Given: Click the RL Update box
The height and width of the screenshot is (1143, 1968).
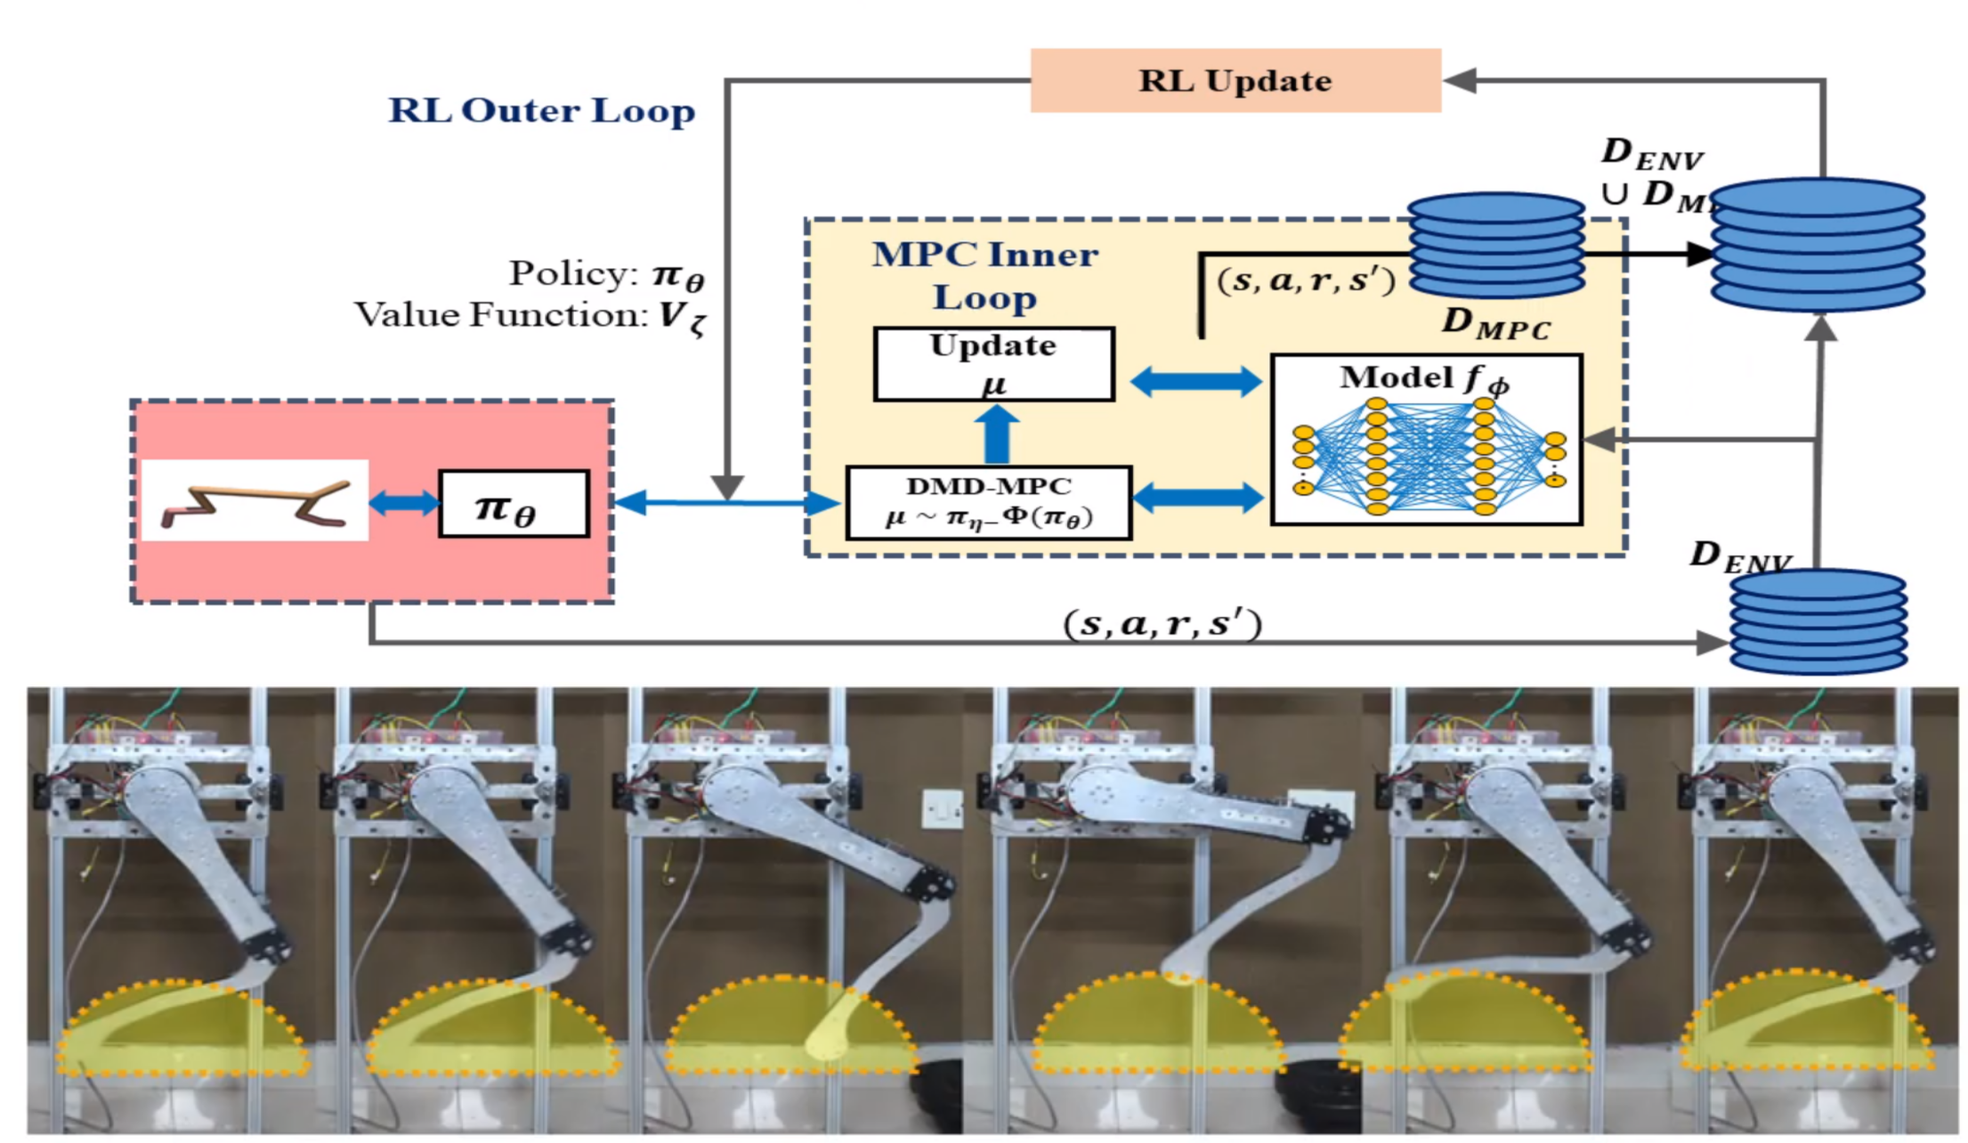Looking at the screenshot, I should [1235, 80].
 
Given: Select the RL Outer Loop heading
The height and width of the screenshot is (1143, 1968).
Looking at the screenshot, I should [541, 110].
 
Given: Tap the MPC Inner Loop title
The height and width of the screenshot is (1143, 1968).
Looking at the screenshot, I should [985, 275].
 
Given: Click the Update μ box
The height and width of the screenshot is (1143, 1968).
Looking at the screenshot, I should [993, 364].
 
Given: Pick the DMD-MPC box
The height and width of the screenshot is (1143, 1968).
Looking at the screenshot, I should [988, 503].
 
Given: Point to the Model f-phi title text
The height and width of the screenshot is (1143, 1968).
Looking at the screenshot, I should [1424, 378].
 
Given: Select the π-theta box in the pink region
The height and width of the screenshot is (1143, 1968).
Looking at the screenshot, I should [514, 504].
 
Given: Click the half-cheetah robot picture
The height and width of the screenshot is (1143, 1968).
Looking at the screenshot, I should [255, 500].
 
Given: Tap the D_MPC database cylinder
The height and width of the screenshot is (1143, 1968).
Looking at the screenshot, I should [1496, 244].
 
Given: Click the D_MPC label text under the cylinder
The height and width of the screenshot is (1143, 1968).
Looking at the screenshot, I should [1496, 324].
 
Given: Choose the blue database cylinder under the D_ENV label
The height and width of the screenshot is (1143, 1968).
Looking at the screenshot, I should [1818, 621].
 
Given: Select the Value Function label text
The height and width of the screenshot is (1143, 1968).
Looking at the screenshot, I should [530, 316].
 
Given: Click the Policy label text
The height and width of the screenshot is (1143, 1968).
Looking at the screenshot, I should [606, 273].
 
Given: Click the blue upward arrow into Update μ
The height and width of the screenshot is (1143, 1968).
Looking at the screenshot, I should [997, 434].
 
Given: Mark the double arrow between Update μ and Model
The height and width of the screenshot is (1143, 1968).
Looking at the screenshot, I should [1195, 382].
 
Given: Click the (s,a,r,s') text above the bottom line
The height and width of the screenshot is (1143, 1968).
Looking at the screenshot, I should [1162, 623].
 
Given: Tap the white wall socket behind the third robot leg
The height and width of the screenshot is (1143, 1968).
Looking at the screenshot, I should [942, 808].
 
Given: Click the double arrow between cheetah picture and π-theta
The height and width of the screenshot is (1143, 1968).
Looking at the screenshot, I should [403, 503].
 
